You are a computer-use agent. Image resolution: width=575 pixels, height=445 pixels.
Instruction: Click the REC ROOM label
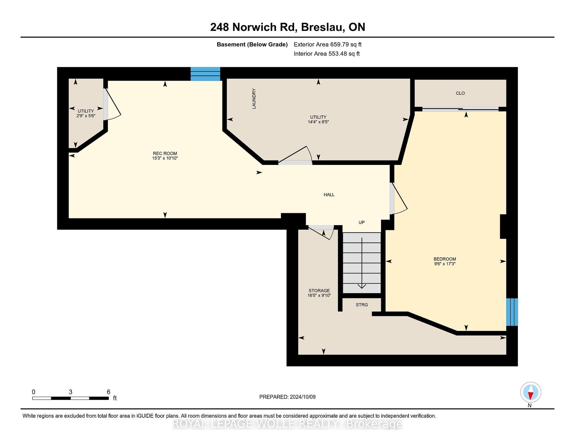[165, 154]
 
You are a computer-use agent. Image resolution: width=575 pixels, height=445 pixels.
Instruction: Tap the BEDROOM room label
[445, 259]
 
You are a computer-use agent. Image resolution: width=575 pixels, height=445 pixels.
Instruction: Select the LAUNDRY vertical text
[254, 99]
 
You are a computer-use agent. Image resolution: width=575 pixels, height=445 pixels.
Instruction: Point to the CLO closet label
[460, 93]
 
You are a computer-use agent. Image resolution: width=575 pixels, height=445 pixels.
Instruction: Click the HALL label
[329, 195]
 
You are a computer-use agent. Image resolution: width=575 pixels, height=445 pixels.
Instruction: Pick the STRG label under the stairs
[362, 305]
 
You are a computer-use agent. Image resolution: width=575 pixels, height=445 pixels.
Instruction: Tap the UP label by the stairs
[361, 222]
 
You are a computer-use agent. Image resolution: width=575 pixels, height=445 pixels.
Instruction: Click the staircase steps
[362, 263]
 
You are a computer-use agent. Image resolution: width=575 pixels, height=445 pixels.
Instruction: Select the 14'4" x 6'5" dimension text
[318, 122]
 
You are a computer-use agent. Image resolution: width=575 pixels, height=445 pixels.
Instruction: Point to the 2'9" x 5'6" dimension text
[86, 116]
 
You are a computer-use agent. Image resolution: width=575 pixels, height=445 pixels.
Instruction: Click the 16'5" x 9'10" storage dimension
[319, 295]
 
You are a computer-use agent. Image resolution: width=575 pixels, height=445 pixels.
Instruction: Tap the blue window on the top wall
[205, 74]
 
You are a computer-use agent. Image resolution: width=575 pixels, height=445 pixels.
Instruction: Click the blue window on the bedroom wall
[512, 312]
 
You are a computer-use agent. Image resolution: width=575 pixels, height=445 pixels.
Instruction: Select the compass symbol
[530, 392]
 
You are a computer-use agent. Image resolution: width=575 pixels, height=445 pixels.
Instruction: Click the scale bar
[70, 398]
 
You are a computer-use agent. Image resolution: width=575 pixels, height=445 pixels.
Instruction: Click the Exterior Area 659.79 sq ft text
[328, 45]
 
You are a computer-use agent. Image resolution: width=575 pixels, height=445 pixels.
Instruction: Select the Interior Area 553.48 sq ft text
[327, 54]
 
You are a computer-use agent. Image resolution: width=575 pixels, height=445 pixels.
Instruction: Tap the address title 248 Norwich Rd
[253, 27]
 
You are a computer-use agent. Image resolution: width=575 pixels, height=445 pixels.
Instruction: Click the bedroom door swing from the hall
[399, 199]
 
